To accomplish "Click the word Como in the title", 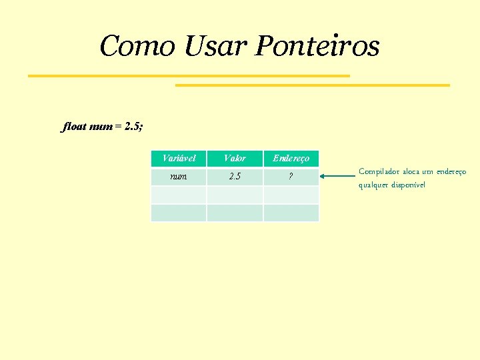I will click(137, 46).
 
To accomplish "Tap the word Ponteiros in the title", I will click(317, 47).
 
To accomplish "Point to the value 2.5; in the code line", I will click(134, 126).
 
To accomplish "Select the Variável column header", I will click(179, 159).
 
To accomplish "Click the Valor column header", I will click(235, 159).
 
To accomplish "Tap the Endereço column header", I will click(291, 159).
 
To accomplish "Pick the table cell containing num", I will click(179, 177).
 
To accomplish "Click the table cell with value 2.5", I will click(235, 177).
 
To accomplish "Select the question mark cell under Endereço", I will click(291, 177).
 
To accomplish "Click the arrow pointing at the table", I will click(337, 177).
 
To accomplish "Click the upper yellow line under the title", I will click(189, 76).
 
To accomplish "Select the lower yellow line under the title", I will click(312, 85).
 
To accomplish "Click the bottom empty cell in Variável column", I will click(179, 213).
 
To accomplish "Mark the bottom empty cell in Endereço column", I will click(291, 213).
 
